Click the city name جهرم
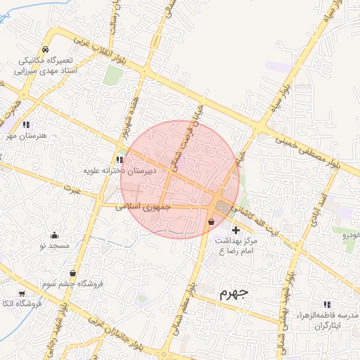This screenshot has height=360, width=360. pyautogui.click(x=233, y=293)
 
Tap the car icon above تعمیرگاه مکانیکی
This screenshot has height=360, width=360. pyautogui.click(x=45, y=50)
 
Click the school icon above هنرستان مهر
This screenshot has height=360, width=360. pyautogui.click(x=26, y=124)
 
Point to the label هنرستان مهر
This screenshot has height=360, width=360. pyautogui.click(x=22, y=134)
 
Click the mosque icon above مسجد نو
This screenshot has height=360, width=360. pyautogui.click(x=55, y=235)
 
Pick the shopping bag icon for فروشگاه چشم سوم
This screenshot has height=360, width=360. pyautogui.click(x=73, y=274)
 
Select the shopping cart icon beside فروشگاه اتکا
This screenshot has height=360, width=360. pyautogui.click(x=22, y=293)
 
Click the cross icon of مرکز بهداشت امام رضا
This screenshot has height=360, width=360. pyautogui.click(x=235, y=230)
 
